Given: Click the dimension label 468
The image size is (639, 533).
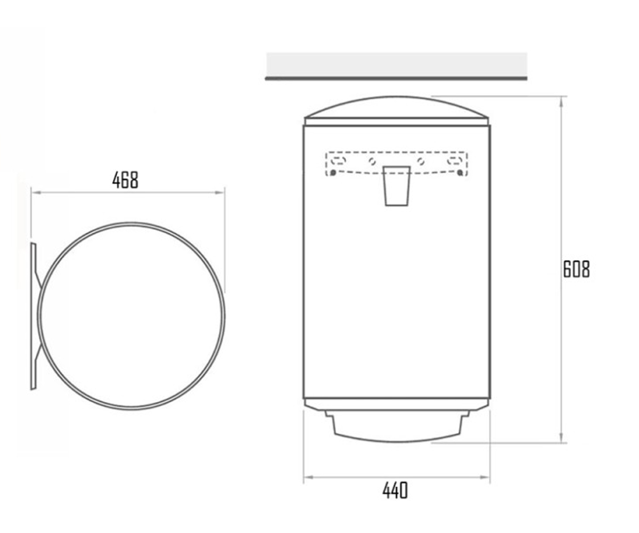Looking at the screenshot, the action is [x=126, y=180].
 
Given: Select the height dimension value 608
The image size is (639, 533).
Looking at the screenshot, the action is [x=577, y=269].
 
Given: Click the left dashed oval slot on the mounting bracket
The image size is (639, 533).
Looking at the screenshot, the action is [x=339, y=160].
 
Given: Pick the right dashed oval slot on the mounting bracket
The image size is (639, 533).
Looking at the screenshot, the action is [x=454, y=160].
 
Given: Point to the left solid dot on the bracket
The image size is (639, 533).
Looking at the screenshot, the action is [x=333, y=173].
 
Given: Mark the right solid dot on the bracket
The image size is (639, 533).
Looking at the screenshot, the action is [x=460, y=173].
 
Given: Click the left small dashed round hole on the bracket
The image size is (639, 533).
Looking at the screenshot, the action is [x=372, y=161].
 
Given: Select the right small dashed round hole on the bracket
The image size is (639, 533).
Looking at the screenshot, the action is [x=421, y=161].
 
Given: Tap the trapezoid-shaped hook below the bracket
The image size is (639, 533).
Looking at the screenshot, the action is [x=397, y=186].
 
